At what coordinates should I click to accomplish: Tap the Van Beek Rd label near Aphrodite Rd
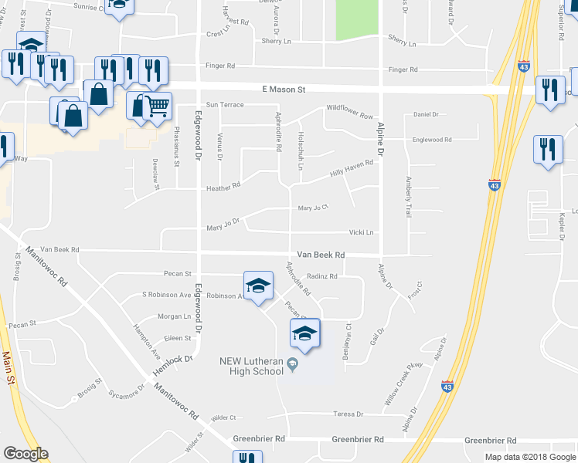(x=321, y=255)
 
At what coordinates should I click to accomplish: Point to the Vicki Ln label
(x=361, y=232)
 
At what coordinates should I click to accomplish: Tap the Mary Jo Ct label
(x=314, y=208)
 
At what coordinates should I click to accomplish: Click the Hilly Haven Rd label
(x=352, y=168)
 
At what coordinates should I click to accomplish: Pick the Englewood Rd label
(x=432, y=140)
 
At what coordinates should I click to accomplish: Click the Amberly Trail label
(x=407, y=197)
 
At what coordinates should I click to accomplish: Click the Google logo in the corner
(x=25, y=454)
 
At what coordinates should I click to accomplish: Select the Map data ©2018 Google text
(x=530, y=457)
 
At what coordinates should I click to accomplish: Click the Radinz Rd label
(x=323, y=276)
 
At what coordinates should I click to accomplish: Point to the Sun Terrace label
(x=224, y=104)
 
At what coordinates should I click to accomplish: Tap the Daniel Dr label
(x=426, y=114)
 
